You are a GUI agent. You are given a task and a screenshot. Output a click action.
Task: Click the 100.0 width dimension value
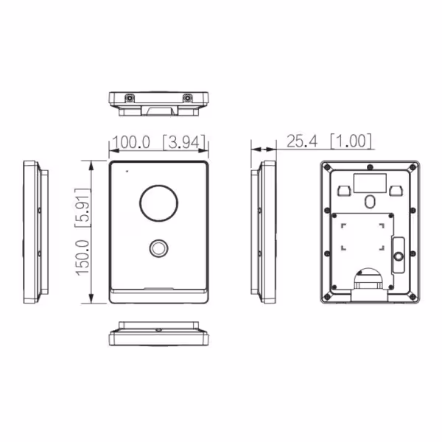131,142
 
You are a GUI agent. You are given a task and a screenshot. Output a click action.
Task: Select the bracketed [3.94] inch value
185,142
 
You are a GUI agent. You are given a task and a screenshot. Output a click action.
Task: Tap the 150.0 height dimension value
83,258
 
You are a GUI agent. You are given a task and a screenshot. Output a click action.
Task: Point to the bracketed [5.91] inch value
83,208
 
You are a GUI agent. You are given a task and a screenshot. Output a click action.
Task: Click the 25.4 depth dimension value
302,141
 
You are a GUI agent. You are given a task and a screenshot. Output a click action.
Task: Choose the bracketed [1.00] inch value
351,141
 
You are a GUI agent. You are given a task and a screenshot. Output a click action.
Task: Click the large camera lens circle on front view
158,203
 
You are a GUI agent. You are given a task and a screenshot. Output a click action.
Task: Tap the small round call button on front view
158,248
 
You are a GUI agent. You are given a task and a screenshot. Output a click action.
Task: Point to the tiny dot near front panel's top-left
127,171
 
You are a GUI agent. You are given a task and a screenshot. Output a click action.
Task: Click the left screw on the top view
130,99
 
